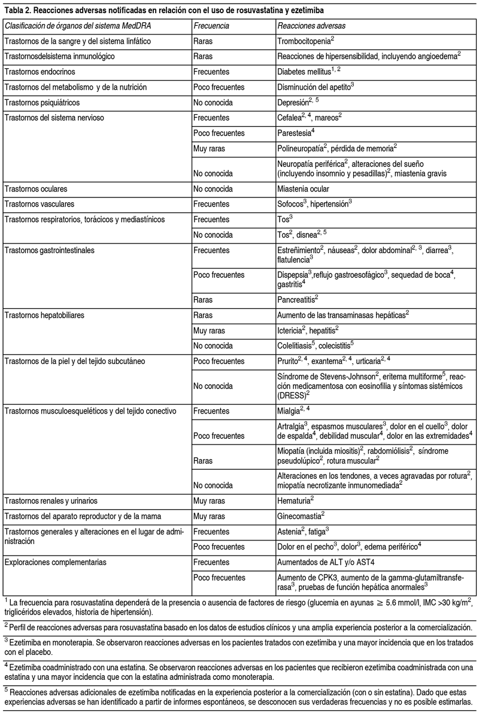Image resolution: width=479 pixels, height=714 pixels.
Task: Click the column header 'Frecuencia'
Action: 212,26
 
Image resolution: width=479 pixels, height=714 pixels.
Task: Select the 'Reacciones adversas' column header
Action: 310,26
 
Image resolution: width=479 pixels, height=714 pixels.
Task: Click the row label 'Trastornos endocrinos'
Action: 40,72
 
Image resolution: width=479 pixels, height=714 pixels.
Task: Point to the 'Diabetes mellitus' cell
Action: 305,72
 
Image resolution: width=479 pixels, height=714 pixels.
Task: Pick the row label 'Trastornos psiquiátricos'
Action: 44,102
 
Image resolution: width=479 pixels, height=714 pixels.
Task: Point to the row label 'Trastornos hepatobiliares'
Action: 46,313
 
